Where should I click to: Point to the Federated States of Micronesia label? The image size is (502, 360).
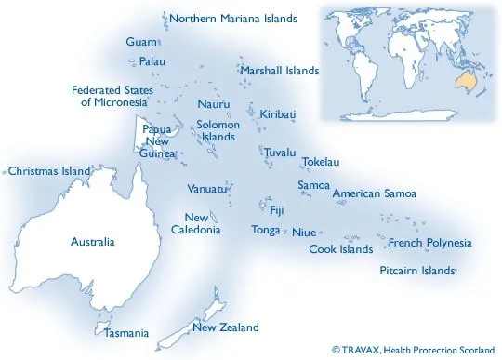pos(110,97)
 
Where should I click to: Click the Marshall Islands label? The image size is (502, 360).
pos(279,71)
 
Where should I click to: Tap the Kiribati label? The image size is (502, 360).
pos(278,114)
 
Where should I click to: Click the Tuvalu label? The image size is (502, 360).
pos(280,152)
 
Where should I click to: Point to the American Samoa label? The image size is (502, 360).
pos(374,194)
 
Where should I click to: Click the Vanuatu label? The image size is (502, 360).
pos(206,189)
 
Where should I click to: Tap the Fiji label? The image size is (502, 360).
pos(277,210)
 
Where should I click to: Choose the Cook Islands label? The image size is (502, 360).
pos(341,249)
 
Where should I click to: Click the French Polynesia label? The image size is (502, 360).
pos(429,244)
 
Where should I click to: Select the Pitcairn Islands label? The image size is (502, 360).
pos(417,271)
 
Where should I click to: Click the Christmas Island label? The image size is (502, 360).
pos(49,171)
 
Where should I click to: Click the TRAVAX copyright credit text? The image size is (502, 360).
pos(413,349)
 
